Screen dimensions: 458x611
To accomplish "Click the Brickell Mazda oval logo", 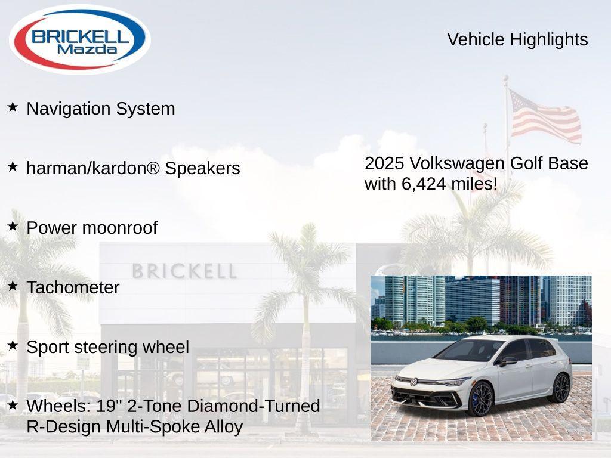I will pyautogui.click(x=79, y=39).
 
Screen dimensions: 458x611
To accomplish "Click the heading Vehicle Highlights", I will pyautogui.click(x=517, y=39).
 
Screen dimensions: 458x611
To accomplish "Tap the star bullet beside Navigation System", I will pyautogui.click(x=13, y=107).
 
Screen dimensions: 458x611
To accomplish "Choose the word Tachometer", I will pyautogui.click(x=73, y=287).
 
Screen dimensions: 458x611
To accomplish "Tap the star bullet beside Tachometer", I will pyautogui.click(x=13, y=286).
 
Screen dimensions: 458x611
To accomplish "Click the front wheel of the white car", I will pyautogui.click(x=481, y=399).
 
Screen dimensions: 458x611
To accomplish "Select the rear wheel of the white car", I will pyautogui.click(x=560, y=388).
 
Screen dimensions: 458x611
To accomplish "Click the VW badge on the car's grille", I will pyautogui.click(x=413, y=382).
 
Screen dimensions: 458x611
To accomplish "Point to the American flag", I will pyautogui.click(x=544, y=116).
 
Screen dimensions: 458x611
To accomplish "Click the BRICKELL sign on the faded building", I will pyautogui.click(x=184, y=271).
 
